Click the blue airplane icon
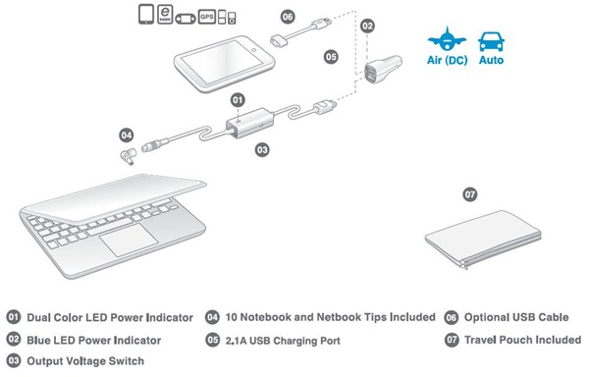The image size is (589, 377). pyautogui.click(x=447, y=38)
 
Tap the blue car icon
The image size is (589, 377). pyautogui.click(x=492, y=41)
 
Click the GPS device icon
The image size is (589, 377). pyautogui.click(x=206, y=17)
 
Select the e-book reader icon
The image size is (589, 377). pyautogui.click(x=165, y=15)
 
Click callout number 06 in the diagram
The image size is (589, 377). pyautogui.click(x=288, y=17)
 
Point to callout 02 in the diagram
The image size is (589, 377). pyautogui.click(x=367, y=26)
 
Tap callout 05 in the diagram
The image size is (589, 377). pyautogui.click(x=331, y=57)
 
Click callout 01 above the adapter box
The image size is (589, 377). pyautogui.click(x=238, y=100)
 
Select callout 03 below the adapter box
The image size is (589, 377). pyautogui.click(x=262, y=150)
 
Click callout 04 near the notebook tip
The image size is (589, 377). pyautogui.click(x=127, y=135)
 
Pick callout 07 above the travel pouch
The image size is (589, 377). pyautogui.click(x=469, y=194)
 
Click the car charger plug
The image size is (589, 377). pyautogui.click(x=383, y=69)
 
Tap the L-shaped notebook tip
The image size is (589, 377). pyautogui.click(x=128, y=156)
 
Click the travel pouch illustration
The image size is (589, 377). pyautogui.click(x=483, y=240)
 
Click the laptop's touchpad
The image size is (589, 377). pyautogui.click(x=129, y=240)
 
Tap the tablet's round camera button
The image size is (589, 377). pyautogui.click(x=254, y=49)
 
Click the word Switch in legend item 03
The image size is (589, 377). pyautogui.click(x=127, y=361)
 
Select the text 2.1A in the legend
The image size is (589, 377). pyautogui.click(x=236, y=341)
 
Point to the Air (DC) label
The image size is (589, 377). pyautogui.click(x=447, y=60)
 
